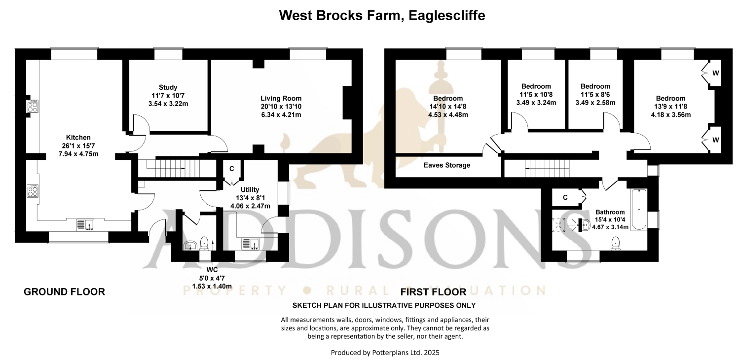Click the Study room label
168,87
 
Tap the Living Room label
281,99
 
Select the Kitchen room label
78,138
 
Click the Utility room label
250,189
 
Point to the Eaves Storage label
446,165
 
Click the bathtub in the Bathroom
639,210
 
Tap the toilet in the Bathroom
616,244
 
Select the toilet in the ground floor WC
204,244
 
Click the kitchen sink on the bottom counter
85,225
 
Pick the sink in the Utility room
251,244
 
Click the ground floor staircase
177,169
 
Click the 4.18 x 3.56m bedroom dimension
670,115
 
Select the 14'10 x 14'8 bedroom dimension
448,107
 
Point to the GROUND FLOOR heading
65,292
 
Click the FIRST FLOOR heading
434,292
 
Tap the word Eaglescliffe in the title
446,15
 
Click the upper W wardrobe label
715,73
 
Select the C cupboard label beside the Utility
231,169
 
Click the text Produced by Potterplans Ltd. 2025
385,353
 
